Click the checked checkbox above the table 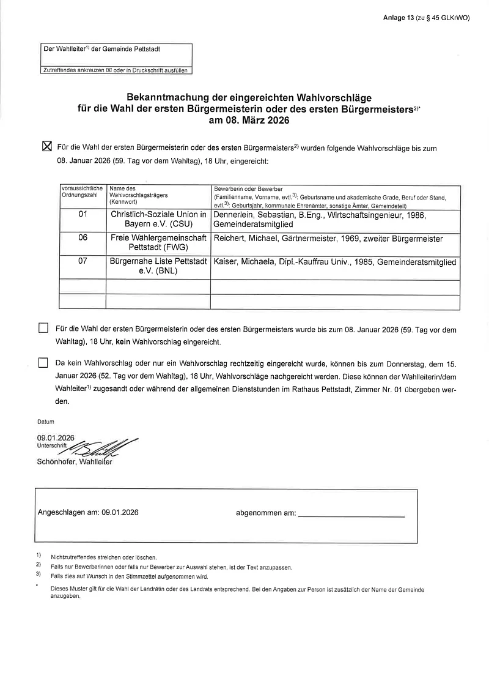coord(46,147)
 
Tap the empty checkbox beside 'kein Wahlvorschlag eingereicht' coord(43,329)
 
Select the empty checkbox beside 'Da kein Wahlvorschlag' coord(43,362)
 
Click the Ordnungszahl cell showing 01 coord(83,215)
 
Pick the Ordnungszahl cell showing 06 coord(83,238)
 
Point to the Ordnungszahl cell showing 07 coord(83,261)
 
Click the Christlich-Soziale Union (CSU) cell coord(158,219)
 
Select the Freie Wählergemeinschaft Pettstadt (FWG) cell coord(158,242)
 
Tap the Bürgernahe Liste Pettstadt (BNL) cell coord(158,266)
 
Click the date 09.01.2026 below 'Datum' coord(56,437)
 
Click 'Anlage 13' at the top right coord(399,18)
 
